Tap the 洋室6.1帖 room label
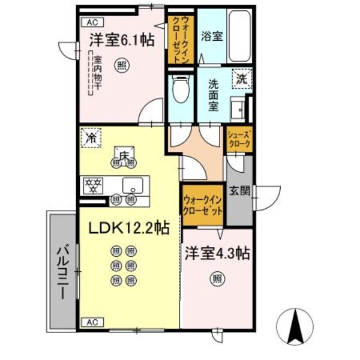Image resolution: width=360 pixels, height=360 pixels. click(x=122, y=40)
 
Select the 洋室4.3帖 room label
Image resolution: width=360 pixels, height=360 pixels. click(x=217, y=254)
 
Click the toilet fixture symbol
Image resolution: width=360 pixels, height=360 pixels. click(x=179, y=90)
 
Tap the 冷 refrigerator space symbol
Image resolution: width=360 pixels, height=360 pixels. click(x=91, y=137)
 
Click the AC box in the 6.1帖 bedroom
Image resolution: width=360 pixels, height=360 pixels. click(x=92, y=22)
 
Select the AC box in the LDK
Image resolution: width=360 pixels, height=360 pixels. click(x=92, y=322)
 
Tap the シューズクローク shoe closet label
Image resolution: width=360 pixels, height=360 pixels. click(x=239, y=140)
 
